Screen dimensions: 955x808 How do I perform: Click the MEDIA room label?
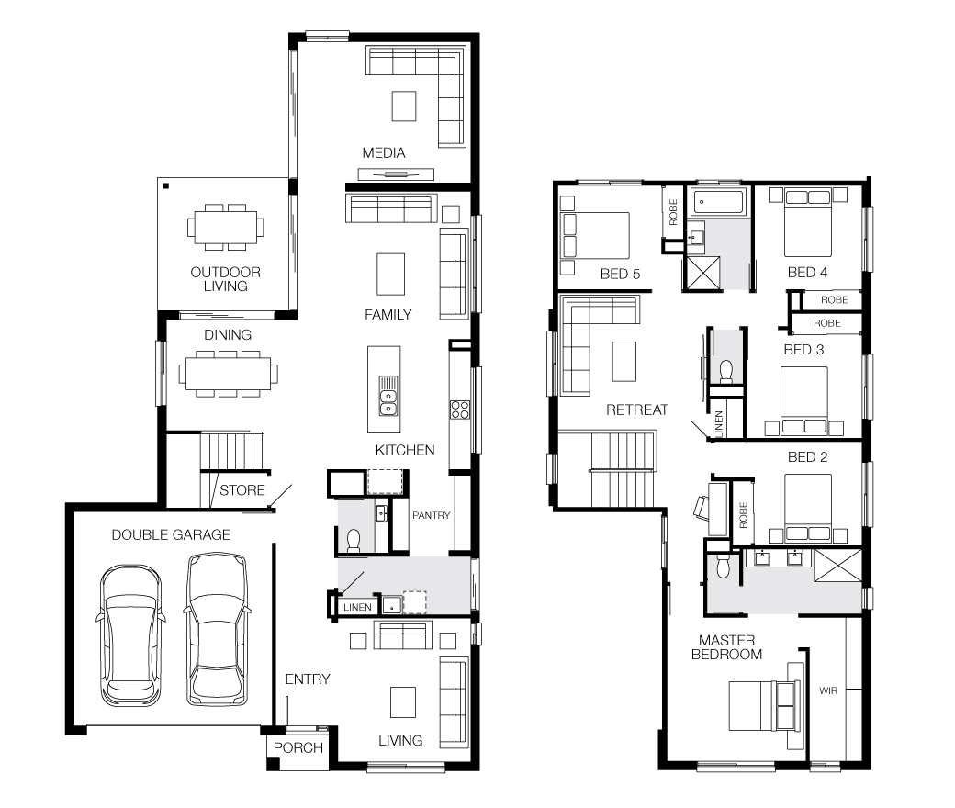[384, 152]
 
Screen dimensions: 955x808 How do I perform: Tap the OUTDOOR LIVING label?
[225, 279]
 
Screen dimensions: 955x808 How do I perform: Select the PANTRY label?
[432, 515]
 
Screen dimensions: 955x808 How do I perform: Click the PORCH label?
[298, 747]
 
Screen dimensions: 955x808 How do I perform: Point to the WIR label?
[828, 690]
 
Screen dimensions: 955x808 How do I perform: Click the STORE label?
[242, 490]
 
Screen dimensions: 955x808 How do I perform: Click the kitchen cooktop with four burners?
[459, 410]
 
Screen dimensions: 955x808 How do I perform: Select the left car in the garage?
[130, 635]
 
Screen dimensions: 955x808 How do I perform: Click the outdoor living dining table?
[225, 227]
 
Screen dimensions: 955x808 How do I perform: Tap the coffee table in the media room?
[404, 107]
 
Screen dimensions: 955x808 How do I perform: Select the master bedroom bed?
[764, 706]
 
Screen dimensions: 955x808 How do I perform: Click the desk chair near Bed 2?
[702, 507]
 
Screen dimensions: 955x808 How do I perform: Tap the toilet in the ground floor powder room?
[354, 541]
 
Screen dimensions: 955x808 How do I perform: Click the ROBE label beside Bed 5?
[673, 212]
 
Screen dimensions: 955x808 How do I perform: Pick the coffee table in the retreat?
[624, 361]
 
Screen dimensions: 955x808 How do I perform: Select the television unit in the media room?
[396, 174]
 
